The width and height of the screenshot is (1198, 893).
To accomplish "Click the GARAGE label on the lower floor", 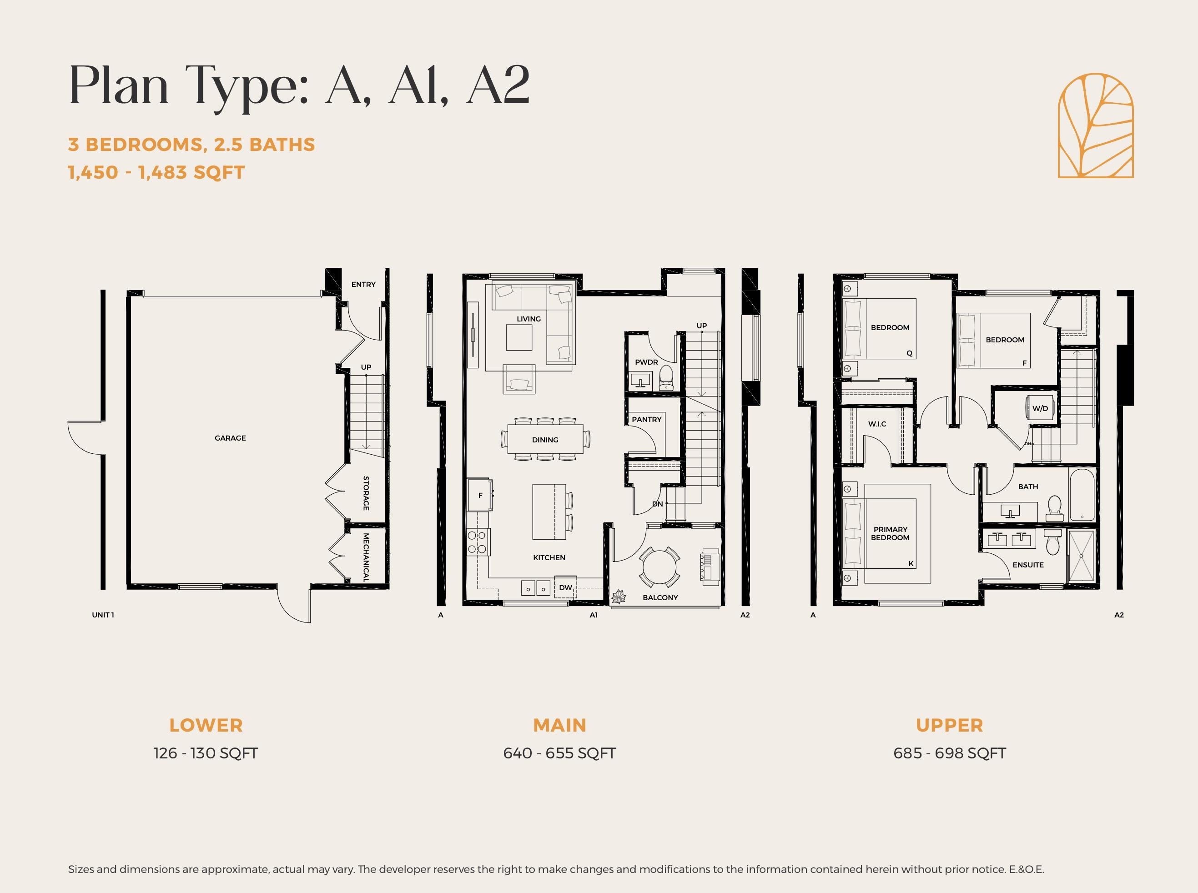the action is coord(230,438).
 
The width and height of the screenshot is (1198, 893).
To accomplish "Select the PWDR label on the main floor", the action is coord(647,362).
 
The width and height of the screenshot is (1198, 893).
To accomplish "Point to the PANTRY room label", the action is coord(647,420).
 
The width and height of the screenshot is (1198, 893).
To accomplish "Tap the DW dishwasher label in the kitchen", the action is coord(565,587).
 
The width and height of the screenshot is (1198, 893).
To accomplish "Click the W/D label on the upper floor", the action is coord(1040,409).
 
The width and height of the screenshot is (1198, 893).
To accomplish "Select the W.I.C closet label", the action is coord(877,424).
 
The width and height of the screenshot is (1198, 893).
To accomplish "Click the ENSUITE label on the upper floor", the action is coord(1028,565).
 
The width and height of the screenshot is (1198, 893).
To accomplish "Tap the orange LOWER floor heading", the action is coord(206,725).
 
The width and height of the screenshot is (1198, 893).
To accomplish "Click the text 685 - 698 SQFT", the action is coord(950,753).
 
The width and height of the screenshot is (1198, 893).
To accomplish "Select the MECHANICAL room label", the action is coord(366,557).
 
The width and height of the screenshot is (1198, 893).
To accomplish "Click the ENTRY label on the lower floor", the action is coord(363,284).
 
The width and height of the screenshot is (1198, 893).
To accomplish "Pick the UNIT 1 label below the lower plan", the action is coord(103,615).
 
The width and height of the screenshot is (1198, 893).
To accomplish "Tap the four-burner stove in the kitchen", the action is coord(477,542).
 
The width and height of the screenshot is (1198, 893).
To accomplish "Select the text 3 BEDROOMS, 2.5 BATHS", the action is coord(191,145).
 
